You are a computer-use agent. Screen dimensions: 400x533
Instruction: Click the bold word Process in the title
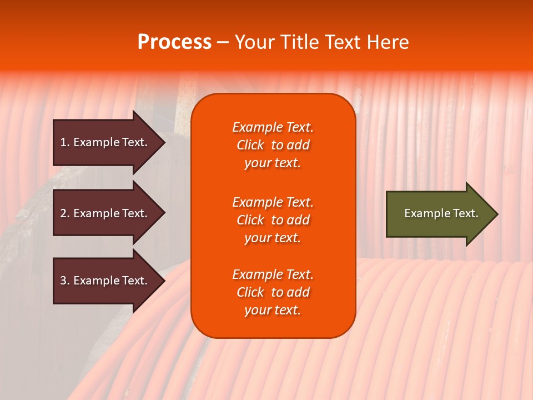click(174, 42)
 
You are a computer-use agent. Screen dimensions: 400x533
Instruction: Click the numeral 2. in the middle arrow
click(65, 213)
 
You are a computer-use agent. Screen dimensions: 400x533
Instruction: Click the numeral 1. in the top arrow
click(65, 142)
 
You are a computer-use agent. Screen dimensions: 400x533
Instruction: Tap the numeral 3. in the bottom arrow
click(65, 281)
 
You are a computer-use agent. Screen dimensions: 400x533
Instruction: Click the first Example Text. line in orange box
click(273, 127)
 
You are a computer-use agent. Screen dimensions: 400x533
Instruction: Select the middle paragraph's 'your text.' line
click(273, 238)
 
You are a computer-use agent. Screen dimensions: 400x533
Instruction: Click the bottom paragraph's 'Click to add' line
click(273, 292)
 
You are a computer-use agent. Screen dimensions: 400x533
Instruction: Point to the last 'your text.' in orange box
click(273, 310)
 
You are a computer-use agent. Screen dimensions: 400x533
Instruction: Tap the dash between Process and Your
click(223, 43)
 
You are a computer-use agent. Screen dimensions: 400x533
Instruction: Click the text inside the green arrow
click(441, 213)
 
